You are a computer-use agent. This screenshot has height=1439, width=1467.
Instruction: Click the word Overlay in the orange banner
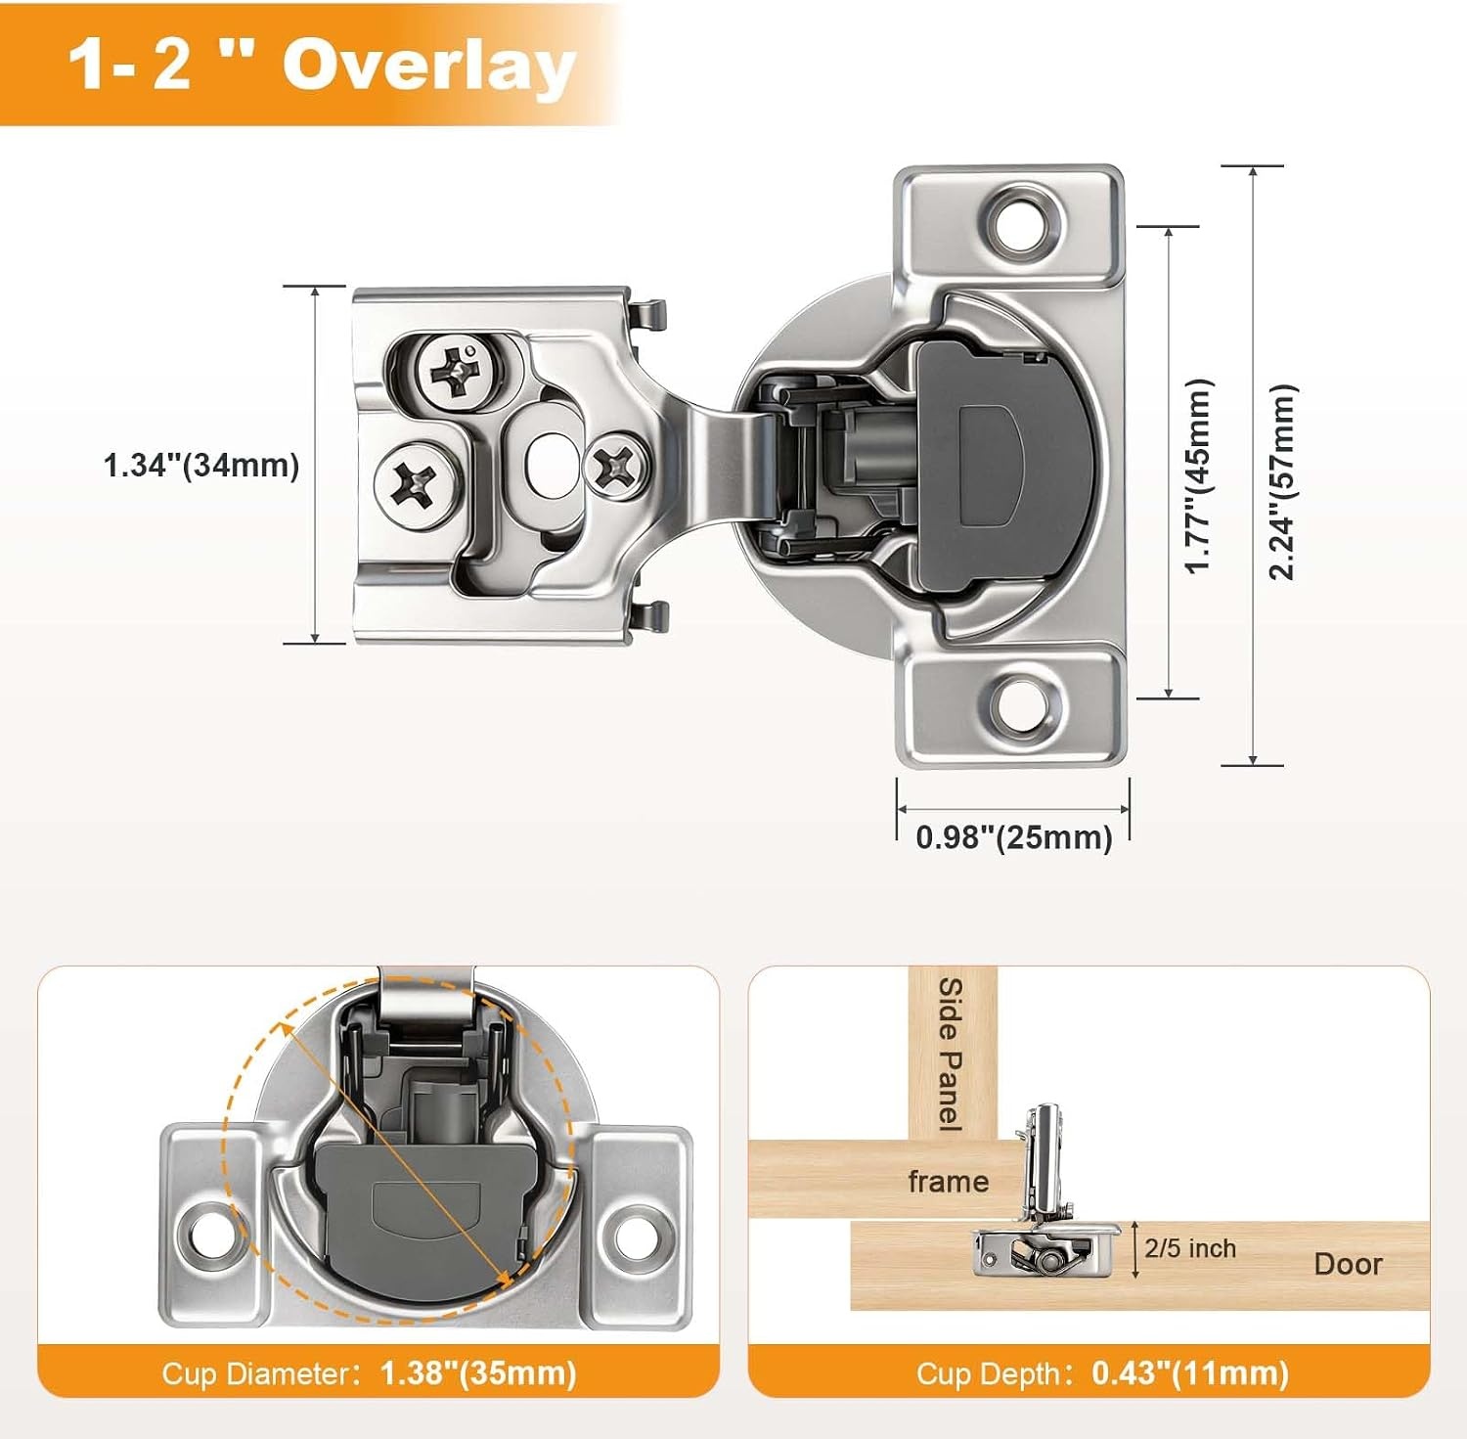coord(428,67)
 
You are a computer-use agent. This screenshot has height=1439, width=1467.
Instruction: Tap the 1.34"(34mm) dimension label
coord(201,465)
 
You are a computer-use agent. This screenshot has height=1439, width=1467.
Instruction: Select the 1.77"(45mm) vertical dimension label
coord(1198,475)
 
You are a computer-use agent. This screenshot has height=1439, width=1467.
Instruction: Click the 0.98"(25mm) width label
coord(1014,837)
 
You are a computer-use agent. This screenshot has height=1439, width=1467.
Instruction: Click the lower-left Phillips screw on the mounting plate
coord(417,481)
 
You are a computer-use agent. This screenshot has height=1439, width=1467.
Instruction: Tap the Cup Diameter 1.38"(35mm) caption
coord(369,1373)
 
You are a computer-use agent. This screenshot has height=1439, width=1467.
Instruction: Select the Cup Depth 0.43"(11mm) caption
coord(1102,1373)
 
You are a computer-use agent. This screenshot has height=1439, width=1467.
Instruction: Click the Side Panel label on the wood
coord(951,1055)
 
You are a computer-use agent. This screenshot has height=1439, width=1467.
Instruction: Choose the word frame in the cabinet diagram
coord(949,1182)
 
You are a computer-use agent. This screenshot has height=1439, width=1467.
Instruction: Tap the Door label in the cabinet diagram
coord(1348,1264)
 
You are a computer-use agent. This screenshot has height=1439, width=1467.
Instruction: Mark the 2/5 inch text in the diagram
coord(1190,1248)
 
